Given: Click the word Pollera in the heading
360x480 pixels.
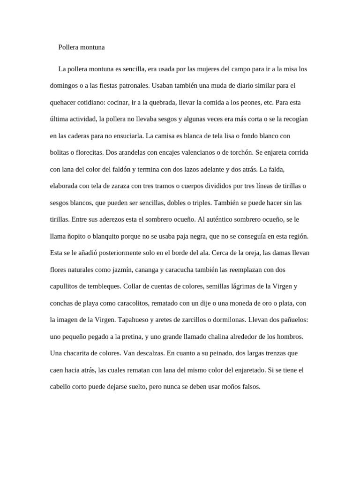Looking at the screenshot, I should click(x=68, y=47).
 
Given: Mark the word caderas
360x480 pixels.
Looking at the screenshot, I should click(x=80, y=136).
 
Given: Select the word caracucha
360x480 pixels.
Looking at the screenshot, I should click(x=190, y=270).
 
